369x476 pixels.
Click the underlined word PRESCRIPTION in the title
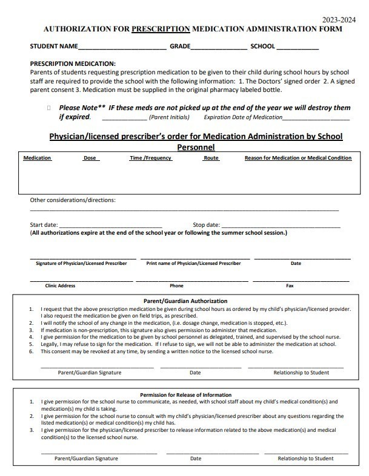[x=161, y=29]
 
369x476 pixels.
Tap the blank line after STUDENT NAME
[x=122, y=47]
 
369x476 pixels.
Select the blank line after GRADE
[x=219, y=47]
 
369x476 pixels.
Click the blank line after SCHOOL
[x=298, y=47]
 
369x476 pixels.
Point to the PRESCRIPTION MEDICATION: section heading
[x=73, y=64]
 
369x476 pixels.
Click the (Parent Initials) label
[x=168, y=117]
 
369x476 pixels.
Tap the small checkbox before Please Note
[x=48, y=108]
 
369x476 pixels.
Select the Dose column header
[x=90, y=158]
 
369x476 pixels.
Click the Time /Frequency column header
[x=151, y=158]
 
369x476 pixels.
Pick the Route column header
[x=211, y=158]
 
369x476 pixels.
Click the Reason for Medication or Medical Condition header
[x=298, y=158]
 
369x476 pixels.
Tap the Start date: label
[x=44, y=225]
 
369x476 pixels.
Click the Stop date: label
[x=206, y=225]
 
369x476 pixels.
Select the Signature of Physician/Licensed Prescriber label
[x=81, y=263]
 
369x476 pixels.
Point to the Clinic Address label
[x=60, y=285]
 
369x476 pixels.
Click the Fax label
[x=290, y=285]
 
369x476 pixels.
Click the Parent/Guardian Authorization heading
[x=185, y=301]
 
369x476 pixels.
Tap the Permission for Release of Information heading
[x=185, y=394]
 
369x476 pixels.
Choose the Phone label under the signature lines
[x=176, y=285]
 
